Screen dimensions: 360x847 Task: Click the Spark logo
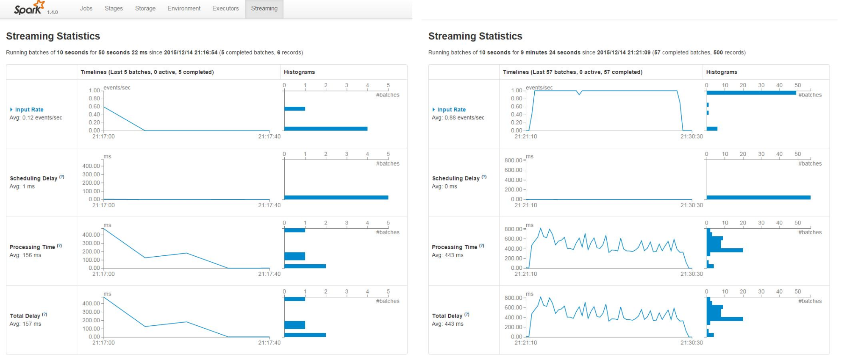coord(29,8)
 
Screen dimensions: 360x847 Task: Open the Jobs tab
coord(86,8)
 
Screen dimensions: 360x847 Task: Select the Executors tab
coord(225,8)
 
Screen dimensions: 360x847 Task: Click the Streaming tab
coord(264,8)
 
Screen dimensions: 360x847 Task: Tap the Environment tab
coord(184,8)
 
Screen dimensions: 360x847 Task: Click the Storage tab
coord(145,8)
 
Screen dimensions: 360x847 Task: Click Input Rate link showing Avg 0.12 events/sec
coord(29,110)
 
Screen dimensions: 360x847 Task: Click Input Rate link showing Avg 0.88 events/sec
coord(451,110)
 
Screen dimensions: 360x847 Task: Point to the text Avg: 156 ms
coord(25,255)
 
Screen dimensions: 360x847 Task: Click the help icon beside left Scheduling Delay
coord(62,177)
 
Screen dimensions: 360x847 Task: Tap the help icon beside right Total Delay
coord(467,315)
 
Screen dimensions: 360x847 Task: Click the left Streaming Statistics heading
coord(53,36)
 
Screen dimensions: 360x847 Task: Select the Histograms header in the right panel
coord(722,72)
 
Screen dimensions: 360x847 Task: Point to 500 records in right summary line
coord(728,53)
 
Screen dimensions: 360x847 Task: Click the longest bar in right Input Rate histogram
coord(751,93)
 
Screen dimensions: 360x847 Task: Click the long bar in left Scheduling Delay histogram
coord(336,197)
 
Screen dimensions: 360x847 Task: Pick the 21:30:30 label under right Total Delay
coord(691,343)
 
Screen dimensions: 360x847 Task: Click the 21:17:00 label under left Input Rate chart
coord(103,136)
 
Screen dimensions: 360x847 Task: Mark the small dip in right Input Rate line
coord(579,94)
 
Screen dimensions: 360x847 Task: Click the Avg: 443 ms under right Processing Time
coord(447,255)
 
